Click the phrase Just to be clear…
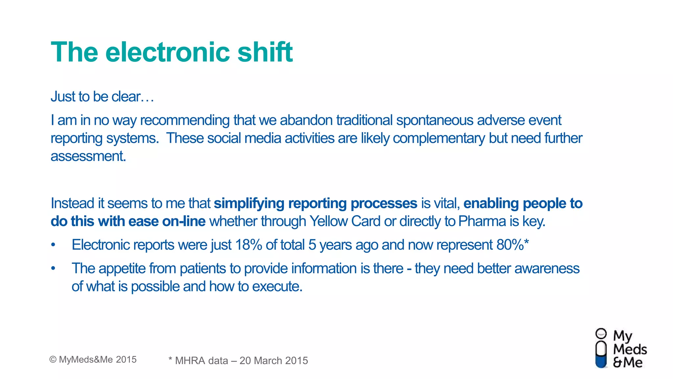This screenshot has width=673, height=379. click(102, 97)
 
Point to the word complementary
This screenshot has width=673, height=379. click(439, 138)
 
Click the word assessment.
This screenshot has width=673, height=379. click(88, 156)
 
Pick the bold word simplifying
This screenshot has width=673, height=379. click(249, 203)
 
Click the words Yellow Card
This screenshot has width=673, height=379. click(345, 221)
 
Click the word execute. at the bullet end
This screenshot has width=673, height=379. click(277, 287)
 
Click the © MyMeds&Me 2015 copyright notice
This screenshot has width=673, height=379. click(93, 360)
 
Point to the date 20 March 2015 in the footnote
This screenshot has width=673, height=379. click(274, 361)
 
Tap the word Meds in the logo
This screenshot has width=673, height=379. click(630, 349)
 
